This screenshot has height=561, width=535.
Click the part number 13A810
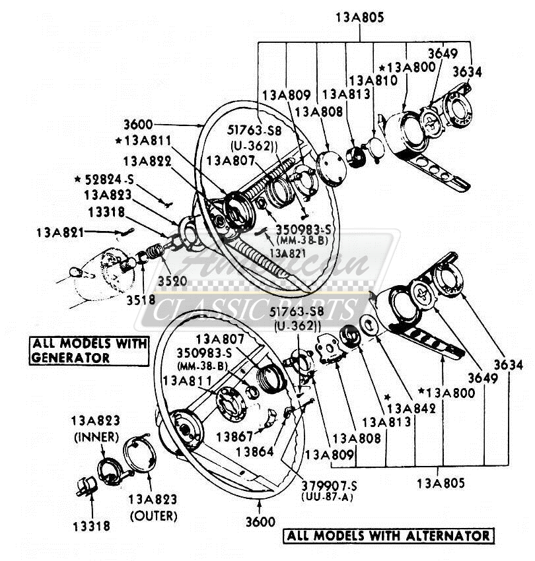pyautogui.click(x=373, y=81)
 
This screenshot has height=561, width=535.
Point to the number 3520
pyautogui.click(x=172, y=282)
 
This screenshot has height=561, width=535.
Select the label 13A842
pyautogui.click(x=411, y=409)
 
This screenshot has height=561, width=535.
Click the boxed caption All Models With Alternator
pyautogui.click(x=388, y=535)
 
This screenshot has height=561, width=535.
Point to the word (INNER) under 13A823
pyautogui.click(x=95, y=437)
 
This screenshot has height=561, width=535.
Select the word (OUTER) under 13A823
pyautogui.click(x=153, y=515)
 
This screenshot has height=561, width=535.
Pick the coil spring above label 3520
pyautogui.click(x=153, y=253)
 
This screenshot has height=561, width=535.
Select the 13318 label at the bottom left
pyautogui.click(x=92, y=526)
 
